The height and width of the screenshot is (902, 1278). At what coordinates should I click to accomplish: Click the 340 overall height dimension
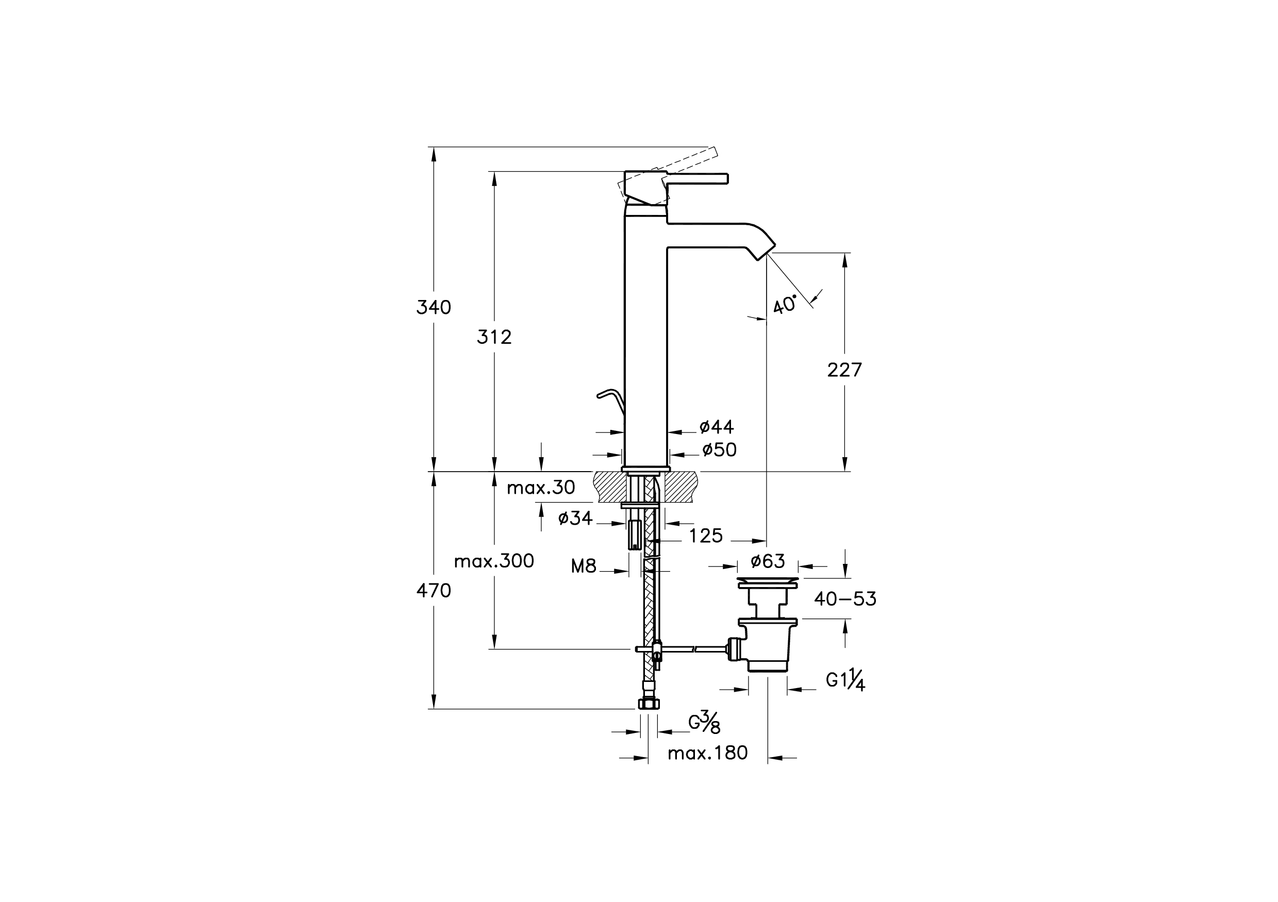[434, 307]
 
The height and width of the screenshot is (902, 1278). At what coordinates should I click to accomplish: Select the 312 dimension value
[494, 337]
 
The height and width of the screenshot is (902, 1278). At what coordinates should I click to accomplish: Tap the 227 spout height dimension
[844, 370]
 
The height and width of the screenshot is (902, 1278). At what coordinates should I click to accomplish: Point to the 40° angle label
[785, 305]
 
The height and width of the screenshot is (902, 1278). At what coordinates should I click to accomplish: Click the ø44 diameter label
[717, 427]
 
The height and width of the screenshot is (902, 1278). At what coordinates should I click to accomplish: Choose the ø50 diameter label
[719, 449]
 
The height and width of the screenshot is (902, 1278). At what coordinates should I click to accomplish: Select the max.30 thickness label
[540, 488]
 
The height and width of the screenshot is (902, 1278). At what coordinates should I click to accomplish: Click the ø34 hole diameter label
[575, 519]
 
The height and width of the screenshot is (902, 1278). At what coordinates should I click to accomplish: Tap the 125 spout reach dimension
[706, 536]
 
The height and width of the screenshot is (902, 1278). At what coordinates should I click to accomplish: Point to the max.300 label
[494, 561]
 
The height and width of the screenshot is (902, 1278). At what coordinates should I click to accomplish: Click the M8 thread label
[584, 567]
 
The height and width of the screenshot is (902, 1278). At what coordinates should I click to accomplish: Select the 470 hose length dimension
[434, 590]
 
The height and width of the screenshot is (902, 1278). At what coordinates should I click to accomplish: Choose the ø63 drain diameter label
[768, 561]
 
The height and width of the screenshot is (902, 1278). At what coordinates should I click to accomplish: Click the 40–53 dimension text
[845, 599]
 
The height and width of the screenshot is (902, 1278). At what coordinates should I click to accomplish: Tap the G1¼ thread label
[845, 680]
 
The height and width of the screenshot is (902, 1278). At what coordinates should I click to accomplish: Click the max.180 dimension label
[707, 754]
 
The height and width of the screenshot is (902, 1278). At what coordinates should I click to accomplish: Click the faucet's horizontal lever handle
[698, 178]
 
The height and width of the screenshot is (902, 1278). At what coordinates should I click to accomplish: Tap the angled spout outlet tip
[766, 252]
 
